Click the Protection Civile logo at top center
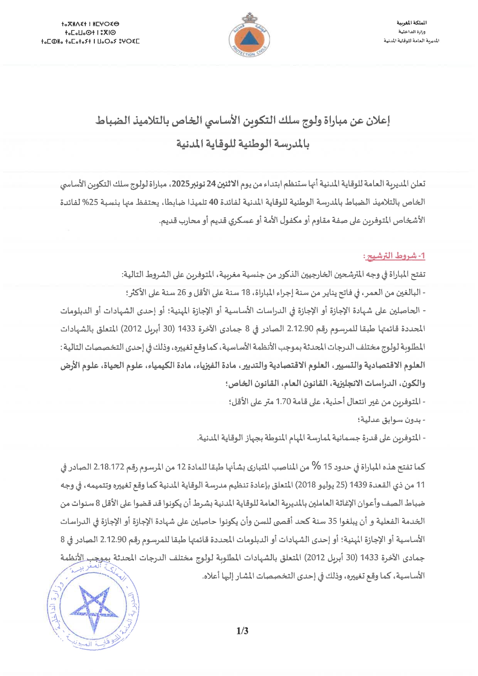[x=249, y=36]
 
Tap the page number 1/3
[x=242, y=631]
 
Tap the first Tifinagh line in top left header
[x=90, y=24]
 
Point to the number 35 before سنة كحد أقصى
[x=332, y=521]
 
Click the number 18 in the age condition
[x=246, y=292]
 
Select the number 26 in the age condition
[x=182, y=292]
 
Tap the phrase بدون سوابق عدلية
[x=391, y=420]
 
